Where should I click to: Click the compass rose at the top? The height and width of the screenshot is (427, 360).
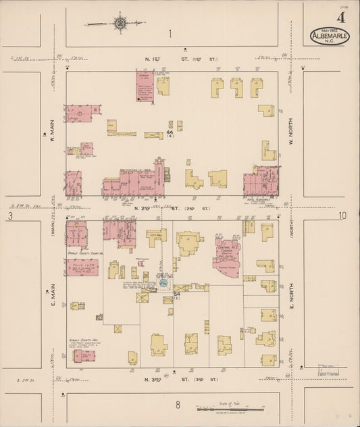pyautogui.click(x=120, y=23)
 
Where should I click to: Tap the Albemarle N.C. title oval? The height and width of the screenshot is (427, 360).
pyautogui.click(x=330, y=36)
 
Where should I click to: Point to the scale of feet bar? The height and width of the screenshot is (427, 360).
pyautogui.click(x=230, y=409)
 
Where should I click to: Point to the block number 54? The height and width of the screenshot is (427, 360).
pyautogui.click(x=176, y=295)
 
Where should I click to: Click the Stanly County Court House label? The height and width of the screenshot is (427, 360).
pyautogui.click(x=84, y=255)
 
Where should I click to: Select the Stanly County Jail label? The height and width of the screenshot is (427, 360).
pyautogui.click(x=83, y=341)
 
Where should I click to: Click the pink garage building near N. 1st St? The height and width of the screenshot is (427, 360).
pyautogui.click(x=145, y=86)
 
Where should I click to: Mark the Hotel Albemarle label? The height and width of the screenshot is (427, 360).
pyautogui.click(x=258, y=199)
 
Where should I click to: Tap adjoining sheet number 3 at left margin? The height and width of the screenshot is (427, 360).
pyautogui.click(x=10, y=216)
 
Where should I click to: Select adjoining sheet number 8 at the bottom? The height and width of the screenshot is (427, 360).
pyautogui.click(x=178, y=405)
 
